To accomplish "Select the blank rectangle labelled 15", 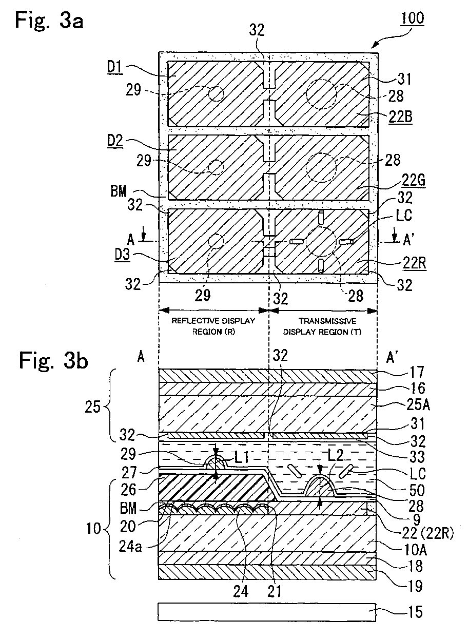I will coord(267,611).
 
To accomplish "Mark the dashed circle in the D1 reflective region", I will coord(216,93).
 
